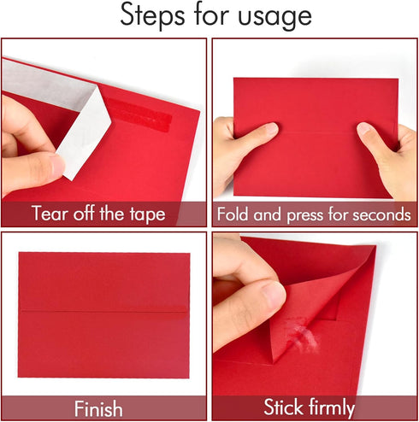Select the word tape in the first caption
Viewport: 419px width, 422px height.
[144, 214]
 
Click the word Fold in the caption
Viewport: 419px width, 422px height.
[236, 214]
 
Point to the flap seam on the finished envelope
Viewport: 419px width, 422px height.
[103, 310]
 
